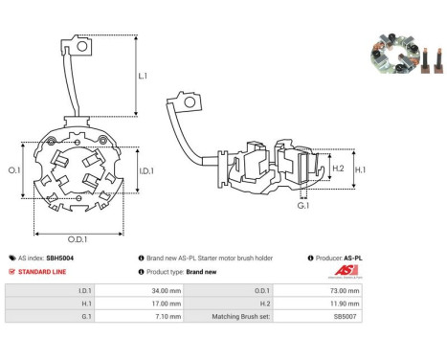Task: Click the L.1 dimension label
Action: [x=143, y=76]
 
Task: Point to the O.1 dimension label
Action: [x=14, y=170]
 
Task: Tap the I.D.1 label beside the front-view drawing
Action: [x=146, y=171]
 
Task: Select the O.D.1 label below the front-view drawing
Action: [x=78, y=239]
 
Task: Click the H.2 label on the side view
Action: [x=338, y=169]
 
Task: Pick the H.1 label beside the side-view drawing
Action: [x=360, y=169]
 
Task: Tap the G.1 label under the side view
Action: [x=303, y=206]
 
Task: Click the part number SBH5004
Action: [x=60, y=258]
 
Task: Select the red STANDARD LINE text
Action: [x=42, y=272]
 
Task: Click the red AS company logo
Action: [x=346, y=271]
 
